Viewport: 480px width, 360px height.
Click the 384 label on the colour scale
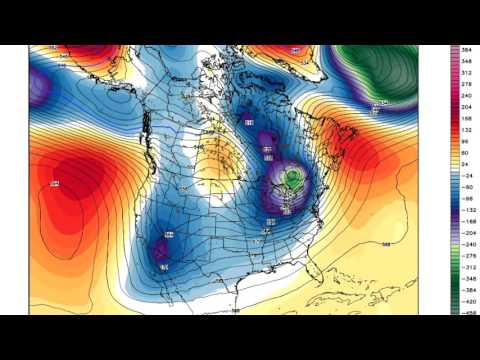(x=467, y=50)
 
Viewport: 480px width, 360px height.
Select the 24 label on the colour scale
(x=466, y=163)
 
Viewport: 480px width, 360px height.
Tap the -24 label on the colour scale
(x=466, y=174)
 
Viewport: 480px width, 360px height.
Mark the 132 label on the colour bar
(x=467, y=129)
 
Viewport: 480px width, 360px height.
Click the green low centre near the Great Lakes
(x=292, y=178)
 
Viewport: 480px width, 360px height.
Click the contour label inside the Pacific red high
(x=54, y=184)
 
